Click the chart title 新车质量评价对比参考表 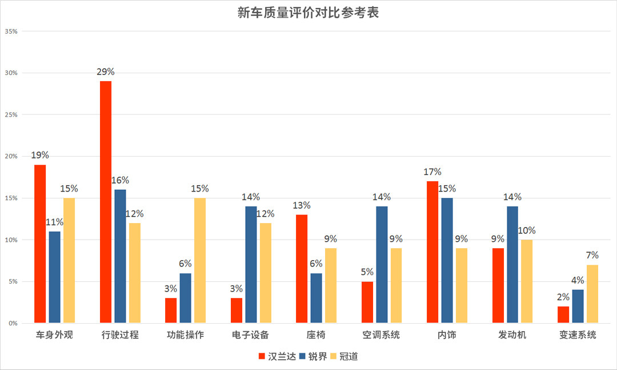tap(308, 13)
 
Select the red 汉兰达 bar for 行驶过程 tap(106, 202)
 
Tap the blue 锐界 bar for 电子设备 tap(251, 265)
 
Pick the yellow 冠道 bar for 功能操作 tap(200, 260)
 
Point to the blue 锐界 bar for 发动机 tap(513, 265)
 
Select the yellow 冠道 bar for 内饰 tap(462, 285)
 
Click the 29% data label tap(106, 72)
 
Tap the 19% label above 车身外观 tap(40, 156)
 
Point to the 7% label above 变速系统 tap(592, 256)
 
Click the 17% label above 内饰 tap(432, 172)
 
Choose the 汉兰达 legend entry tap(278, 356)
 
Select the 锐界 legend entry tap(313, 356)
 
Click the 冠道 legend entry tap(344, 356)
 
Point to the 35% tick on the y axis tap(11, 31)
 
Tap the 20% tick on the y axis tap(11, 157)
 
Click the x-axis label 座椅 tap(316, 335)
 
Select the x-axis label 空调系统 tap(382, 335)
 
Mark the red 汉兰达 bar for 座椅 tap(302, 269)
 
